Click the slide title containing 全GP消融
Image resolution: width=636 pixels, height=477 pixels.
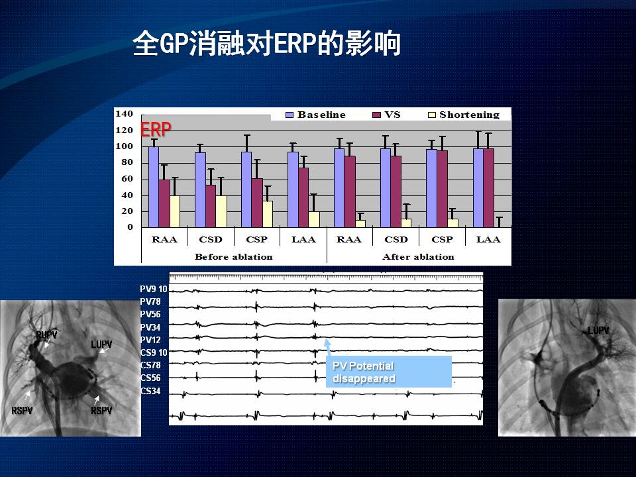tap(266, 43)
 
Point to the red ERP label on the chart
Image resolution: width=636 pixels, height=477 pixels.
tap(156, 129)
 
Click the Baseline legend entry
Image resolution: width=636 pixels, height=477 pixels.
tap(315, 115)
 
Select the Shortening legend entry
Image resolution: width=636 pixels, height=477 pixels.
tap(464, 115)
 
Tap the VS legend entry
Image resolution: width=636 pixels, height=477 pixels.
tap(386, 115)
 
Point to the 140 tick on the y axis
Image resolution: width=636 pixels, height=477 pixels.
tap(124, 113)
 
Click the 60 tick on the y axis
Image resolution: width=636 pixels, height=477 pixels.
tap(127, 178)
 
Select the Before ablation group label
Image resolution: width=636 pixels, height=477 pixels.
tap(234, 257)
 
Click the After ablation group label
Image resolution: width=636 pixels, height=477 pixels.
tap(418, 257)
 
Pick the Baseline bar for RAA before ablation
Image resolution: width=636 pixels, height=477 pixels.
tap(154, 187)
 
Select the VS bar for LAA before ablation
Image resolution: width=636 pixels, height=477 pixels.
tap(303, 197)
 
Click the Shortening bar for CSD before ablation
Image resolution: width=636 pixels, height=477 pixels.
tap(221, 211)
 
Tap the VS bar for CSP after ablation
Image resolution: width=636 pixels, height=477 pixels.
tap(442, 189)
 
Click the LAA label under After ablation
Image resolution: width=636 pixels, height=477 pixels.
tap(488, 239)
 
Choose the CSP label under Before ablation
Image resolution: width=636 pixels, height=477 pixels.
tap(257, 239)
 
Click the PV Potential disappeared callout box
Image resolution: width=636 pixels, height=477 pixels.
tap(389, 372)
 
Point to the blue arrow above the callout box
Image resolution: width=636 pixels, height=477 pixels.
tap(327, 348)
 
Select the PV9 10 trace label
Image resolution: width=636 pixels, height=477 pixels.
tap(153, 289)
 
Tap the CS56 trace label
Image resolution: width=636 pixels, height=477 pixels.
tap(150, 378)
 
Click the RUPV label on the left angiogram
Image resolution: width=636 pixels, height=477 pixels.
tap(46, 335)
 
